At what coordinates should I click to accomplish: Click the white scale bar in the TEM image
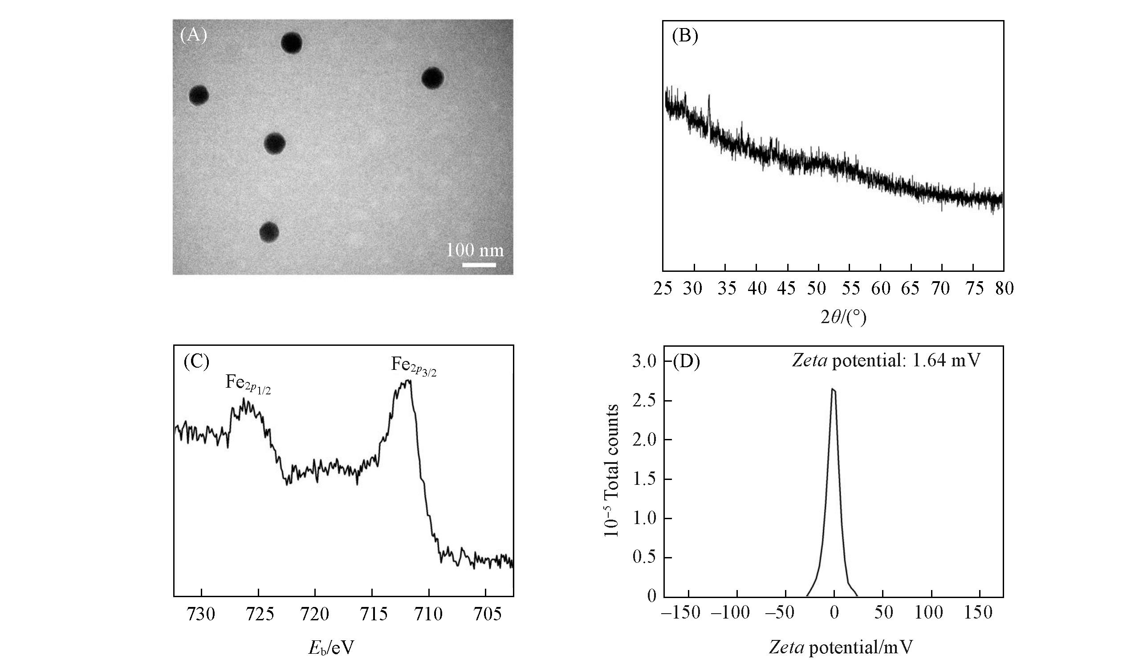479,264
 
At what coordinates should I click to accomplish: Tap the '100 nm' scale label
475,250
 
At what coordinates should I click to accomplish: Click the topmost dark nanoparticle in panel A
291,43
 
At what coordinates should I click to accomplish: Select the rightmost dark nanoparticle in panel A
432,78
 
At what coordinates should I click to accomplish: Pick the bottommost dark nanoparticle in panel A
269,232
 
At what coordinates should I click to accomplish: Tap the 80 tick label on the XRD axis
1003,288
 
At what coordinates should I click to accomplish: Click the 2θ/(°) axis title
843,317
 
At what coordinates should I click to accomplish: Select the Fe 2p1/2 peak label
248,385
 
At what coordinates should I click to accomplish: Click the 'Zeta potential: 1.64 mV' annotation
886,361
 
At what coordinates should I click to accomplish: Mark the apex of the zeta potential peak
833,389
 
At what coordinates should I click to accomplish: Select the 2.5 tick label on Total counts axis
644,401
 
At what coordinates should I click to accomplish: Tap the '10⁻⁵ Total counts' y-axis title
611,471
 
